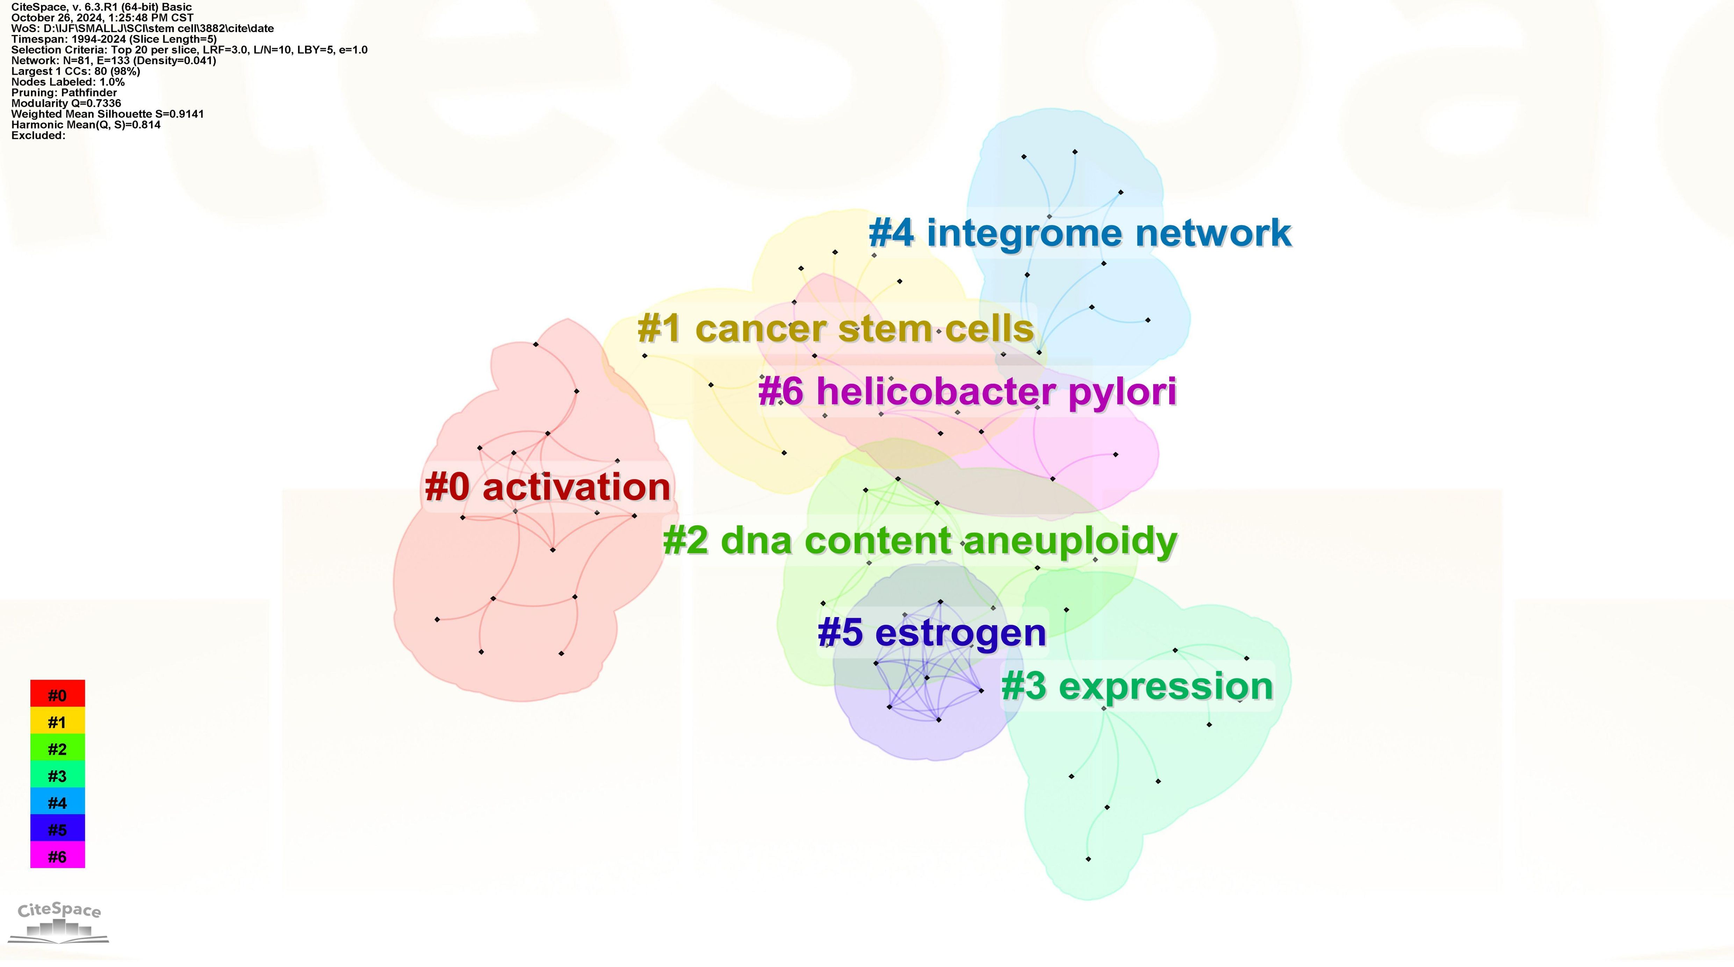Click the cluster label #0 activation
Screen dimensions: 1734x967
(548, 487)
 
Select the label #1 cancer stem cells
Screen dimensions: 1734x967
(835, 329)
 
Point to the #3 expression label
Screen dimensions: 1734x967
(1138, 686)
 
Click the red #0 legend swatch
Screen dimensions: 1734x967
(57, 694)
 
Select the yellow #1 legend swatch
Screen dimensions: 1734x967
(57, 721)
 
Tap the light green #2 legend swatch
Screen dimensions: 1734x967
(57, 747)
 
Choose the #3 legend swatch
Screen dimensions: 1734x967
(57, 774)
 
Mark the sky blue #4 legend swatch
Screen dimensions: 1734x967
(57, 801)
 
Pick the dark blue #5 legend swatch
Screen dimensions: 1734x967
(57, 828)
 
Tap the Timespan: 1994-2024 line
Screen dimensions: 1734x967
(114, 39)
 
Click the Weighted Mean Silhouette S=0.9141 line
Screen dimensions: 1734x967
(108, 114)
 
